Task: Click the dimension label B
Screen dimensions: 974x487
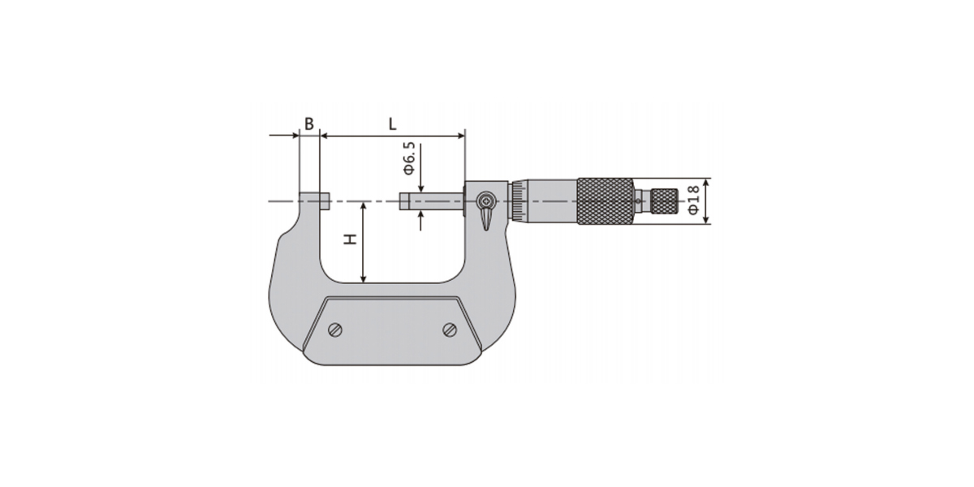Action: pos(308,124)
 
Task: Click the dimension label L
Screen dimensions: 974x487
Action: pos(392,124)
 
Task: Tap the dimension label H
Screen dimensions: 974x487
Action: pos(350,239)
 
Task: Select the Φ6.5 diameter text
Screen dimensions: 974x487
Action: pos(409,159)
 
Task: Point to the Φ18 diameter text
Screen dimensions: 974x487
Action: pos(693,200)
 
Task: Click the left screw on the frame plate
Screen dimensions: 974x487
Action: pos(335,330)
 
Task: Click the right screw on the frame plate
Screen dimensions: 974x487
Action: pos(450,330)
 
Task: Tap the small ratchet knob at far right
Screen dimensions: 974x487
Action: pos(665,201)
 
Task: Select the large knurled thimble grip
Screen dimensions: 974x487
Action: pos(606,201)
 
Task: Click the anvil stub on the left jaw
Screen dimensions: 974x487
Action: pos(325,201)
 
